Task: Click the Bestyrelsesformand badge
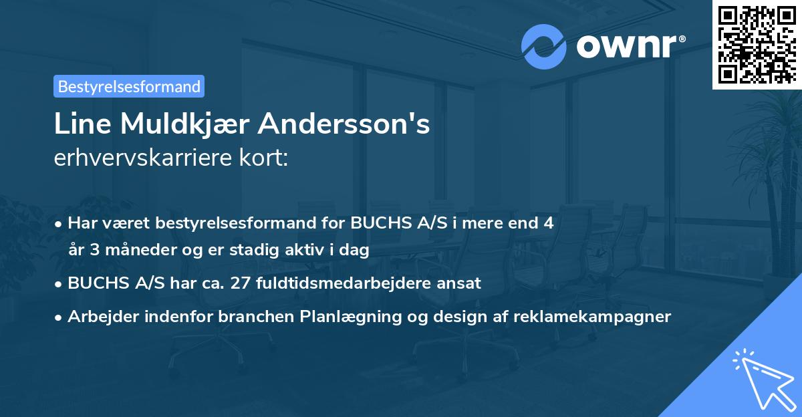point(129,86)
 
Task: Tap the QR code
point(757,44)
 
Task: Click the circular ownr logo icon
point(544,46)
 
